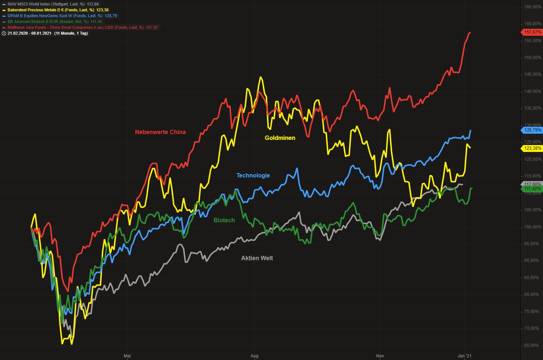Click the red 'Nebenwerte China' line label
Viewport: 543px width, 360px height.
[x=160, y=132]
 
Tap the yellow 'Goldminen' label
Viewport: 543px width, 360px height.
[x=280, y=138]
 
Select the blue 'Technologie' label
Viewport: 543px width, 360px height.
[x=253, y=175]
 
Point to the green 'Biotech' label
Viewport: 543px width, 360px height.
[x=224, y=220]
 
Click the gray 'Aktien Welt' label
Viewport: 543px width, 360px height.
[x=257, y=258]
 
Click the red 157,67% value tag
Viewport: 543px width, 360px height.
[x=532, y=32]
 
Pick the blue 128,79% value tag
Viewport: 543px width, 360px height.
[x=532, y=130]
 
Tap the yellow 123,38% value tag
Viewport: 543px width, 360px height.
[x=532, y=148]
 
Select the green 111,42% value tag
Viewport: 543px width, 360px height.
[x=532, y=189]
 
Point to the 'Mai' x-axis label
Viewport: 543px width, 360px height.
[x=127, y=356]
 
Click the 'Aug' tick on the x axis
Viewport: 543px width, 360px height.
[x=255, y=356]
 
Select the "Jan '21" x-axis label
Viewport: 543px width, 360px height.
[x=464, y=356]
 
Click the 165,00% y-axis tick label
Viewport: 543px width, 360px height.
[x=532, y=7]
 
